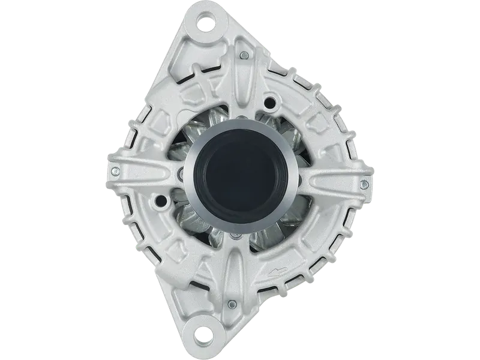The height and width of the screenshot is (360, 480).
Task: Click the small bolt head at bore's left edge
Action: (x=181, y=175)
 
